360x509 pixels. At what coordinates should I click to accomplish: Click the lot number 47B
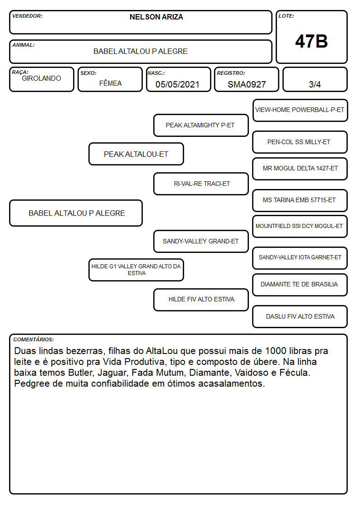[x=311, y=41]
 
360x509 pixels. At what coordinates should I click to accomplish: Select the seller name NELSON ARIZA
[x=156, y=17]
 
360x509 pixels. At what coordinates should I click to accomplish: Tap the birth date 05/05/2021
[x=177, y=84]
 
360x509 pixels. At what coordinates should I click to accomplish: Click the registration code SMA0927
[x=247, y=84]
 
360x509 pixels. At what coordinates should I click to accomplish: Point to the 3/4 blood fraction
[x=315, y=84]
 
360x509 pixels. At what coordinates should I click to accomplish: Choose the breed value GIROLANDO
[x=41, y=78]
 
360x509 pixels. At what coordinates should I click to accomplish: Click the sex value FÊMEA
[x=110, y=83]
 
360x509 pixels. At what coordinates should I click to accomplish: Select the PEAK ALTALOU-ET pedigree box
[x=136, y=154]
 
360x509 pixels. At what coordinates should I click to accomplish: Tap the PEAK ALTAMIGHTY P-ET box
[x=201, y=125]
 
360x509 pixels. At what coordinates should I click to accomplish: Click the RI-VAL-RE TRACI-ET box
[x=201, y=184]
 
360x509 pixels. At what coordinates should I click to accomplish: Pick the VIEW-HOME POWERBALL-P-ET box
[x=300, y=111]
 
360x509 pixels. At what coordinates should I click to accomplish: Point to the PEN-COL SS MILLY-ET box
[x=300, y=142]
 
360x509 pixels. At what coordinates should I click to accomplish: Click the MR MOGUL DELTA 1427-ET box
[x=300, y=169]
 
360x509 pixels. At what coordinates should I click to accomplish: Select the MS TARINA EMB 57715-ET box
[x=300, y=200]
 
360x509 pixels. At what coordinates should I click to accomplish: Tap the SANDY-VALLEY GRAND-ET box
[x=201, y=242]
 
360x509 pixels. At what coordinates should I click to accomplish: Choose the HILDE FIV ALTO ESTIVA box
[x=201, y=300]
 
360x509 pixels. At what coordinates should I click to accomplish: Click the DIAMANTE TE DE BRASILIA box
[x=300, y=285]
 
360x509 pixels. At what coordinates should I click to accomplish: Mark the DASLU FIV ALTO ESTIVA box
[x=300, y=316]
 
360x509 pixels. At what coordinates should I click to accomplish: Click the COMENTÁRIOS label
[x=34, y=339]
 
